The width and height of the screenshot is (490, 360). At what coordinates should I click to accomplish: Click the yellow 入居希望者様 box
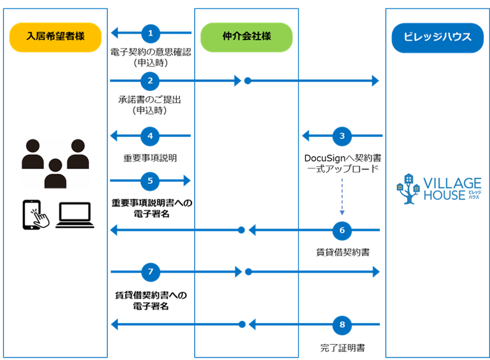[x=55, y=37]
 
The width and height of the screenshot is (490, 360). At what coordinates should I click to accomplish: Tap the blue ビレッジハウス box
[x=437, y=38]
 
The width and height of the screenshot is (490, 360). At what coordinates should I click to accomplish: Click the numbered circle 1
[x=150, y=34]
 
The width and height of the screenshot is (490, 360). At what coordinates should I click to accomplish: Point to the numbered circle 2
[x=150, y=81]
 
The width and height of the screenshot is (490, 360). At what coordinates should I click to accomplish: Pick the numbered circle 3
[x=342, y=135]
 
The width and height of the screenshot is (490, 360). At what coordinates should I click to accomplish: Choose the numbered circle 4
[x=150, y=135]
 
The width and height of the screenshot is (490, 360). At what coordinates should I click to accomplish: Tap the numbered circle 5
[x=150, y=180]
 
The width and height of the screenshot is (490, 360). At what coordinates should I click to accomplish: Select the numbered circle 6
[x=342, y=230]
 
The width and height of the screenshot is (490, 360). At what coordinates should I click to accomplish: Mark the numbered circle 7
[x=150, y=272]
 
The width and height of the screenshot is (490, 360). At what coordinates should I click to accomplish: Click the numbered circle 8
[x=342, y=324]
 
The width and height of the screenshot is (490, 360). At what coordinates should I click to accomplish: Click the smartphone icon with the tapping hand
[x=35, y=214]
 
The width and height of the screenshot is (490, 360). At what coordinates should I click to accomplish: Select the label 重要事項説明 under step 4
[x=150, y=158]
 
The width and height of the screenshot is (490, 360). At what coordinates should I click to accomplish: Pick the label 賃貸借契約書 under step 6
[x=342, y=253]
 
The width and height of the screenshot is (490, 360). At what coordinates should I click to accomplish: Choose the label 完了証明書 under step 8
[x=342, y=348]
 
